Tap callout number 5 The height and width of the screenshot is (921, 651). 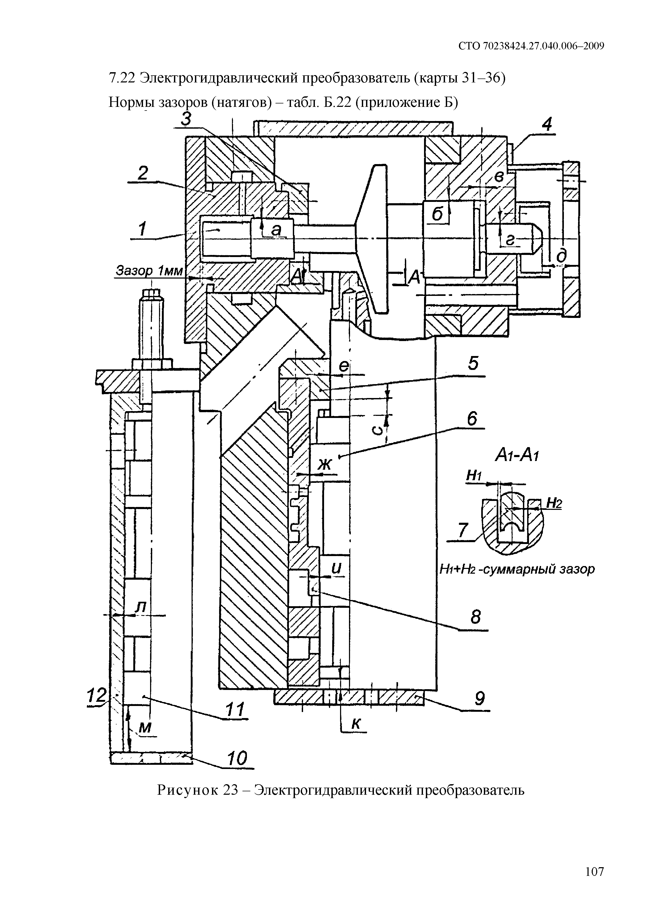(x=473, y=363)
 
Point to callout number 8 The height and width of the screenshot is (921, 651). (x=475, y=617)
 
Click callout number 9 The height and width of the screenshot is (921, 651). (x=479, y=699)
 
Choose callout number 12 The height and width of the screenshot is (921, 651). (x=97, y=695)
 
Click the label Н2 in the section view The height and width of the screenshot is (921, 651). (x=553, y=503)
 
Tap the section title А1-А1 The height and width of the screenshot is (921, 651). (x=517, y=455)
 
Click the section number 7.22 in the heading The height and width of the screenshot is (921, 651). (x=123, y=78)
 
